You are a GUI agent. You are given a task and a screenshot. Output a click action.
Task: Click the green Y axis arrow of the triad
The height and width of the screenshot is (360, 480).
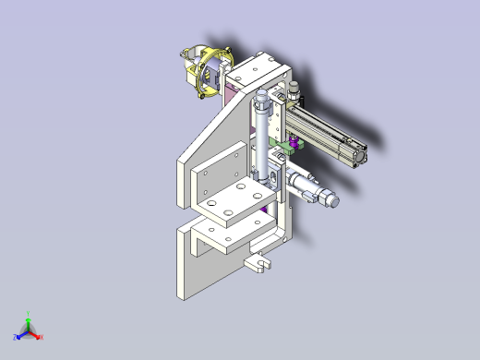point(29,317)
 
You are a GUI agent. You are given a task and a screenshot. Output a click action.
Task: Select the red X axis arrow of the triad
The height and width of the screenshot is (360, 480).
point(38,336)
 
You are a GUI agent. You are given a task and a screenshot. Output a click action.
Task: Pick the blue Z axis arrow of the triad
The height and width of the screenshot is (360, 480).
point(18,335)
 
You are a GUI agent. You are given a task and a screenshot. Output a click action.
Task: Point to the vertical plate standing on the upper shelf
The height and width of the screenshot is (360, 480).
point(214,175)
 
